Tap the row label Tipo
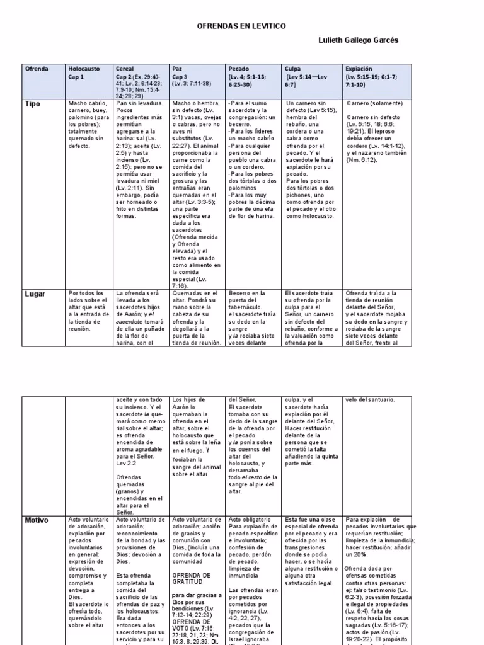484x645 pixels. coord(32,104)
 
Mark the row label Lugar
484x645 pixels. coord(35,294)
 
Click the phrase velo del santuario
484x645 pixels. coord(370,399)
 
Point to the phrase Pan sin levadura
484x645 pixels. coord(139,103)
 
